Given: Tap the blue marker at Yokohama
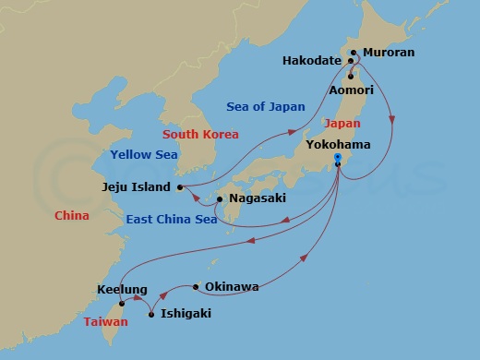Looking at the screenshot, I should click(x=337, y=159).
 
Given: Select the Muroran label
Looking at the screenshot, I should click(x=389, y=53).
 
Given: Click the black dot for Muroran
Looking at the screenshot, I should click(x=356, y=53).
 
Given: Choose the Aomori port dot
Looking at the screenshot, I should click(x=350, y=76).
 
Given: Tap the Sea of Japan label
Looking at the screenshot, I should click(x=265, y=107).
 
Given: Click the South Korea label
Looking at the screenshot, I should click(x=200, y=135).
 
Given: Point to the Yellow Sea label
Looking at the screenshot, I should click(x=143, y=155).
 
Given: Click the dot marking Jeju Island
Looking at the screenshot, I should click(x=180, y=187).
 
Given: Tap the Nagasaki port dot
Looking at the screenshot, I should click(x=219, y=198).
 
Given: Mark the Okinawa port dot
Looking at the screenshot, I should click(x=196, y=287).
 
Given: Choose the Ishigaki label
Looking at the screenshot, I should click(x=186, y=314).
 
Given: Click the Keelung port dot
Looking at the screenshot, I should click(x=122, y=303).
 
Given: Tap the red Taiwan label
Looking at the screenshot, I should click(x=106, y=322).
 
